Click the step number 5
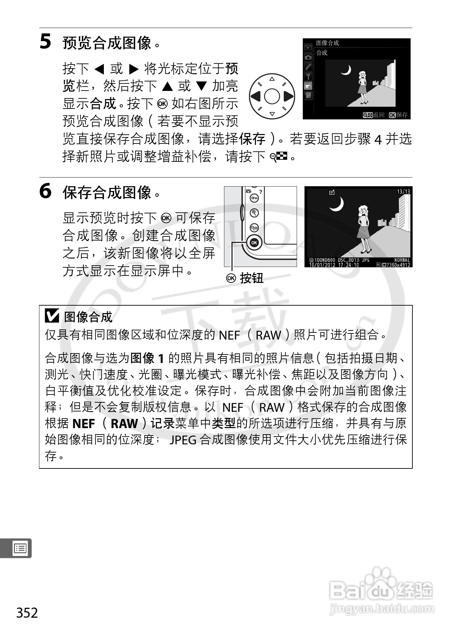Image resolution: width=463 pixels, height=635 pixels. click(45, 42)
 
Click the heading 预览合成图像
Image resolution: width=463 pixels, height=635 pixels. click(107, 43)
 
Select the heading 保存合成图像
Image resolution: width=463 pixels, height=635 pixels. click(107, 193)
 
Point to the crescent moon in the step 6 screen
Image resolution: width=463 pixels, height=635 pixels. click(336, 204)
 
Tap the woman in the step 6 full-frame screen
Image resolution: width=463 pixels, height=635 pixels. click(364, 229)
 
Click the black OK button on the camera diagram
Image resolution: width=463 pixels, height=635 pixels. click(254, 243)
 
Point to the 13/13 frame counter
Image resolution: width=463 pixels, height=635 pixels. click(403, 192)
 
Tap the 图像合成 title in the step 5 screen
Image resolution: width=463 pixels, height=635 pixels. click(328, 43)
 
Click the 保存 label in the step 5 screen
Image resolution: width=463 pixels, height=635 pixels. click(402, 115)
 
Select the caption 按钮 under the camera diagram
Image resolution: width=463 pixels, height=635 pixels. click(252, 278)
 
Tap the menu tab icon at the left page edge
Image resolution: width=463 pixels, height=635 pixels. click(20, 548)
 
